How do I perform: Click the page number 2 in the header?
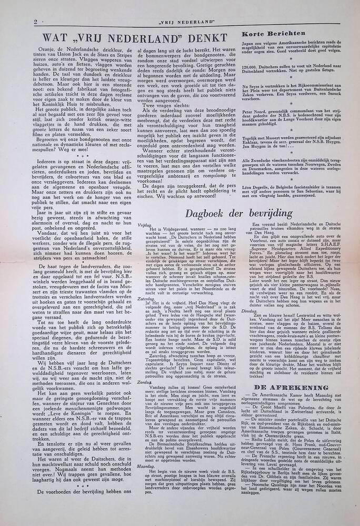[35, 22]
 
